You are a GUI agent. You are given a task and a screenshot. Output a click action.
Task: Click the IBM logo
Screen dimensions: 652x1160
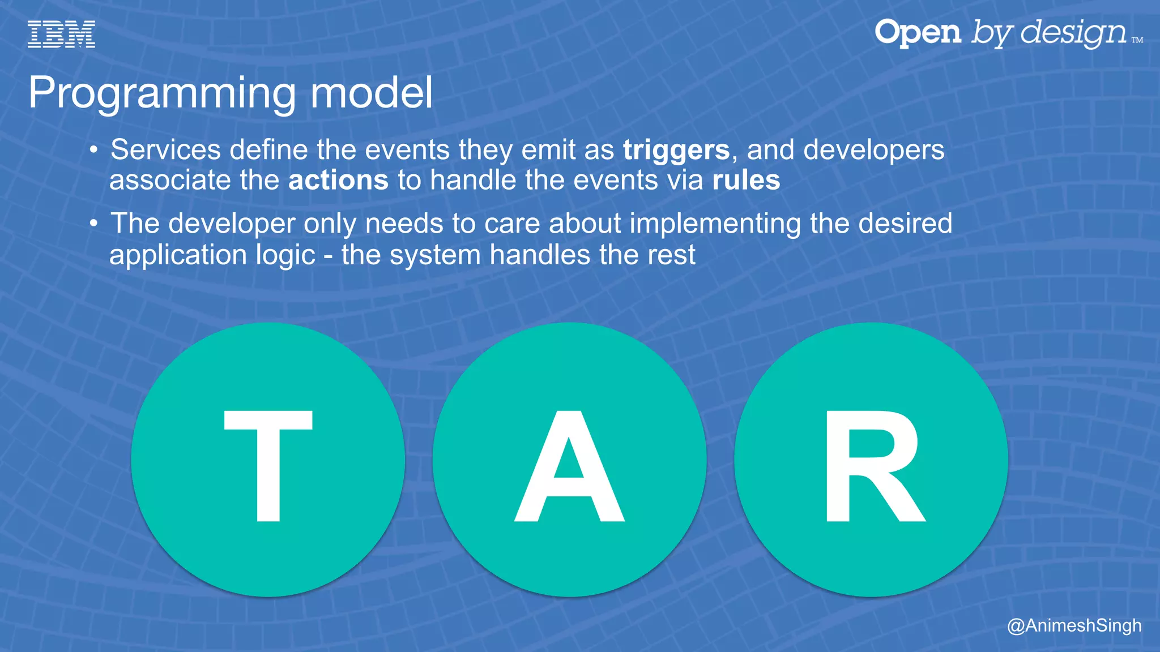(x=61, y=34)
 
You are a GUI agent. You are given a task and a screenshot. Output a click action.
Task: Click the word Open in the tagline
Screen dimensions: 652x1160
(x=918, y=32)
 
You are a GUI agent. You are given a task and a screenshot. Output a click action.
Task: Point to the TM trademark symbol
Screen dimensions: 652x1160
(x=1137, y=40)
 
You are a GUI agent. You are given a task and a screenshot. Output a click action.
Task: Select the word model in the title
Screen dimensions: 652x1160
(x=372, y=92)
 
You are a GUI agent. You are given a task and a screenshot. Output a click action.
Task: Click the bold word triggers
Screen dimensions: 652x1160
(x=676, y=151)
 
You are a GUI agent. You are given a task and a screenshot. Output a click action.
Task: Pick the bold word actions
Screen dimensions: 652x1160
(x=338, y=181)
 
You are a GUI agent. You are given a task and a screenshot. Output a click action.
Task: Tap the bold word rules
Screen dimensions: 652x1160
(x=746, y=181)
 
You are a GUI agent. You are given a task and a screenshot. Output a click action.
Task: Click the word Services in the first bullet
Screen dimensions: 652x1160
(x=165, y=150)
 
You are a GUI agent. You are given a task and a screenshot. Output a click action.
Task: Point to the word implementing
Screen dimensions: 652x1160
(x=715, y=224)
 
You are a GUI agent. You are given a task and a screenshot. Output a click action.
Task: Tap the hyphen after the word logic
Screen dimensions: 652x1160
(x=329, y=256)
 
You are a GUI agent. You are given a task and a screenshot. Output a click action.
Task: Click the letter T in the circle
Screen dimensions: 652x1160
(x=268, y=465)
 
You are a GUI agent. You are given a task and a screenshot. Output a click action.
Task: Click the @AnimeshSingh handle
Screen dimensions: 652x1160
(x=1074, y=625)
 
